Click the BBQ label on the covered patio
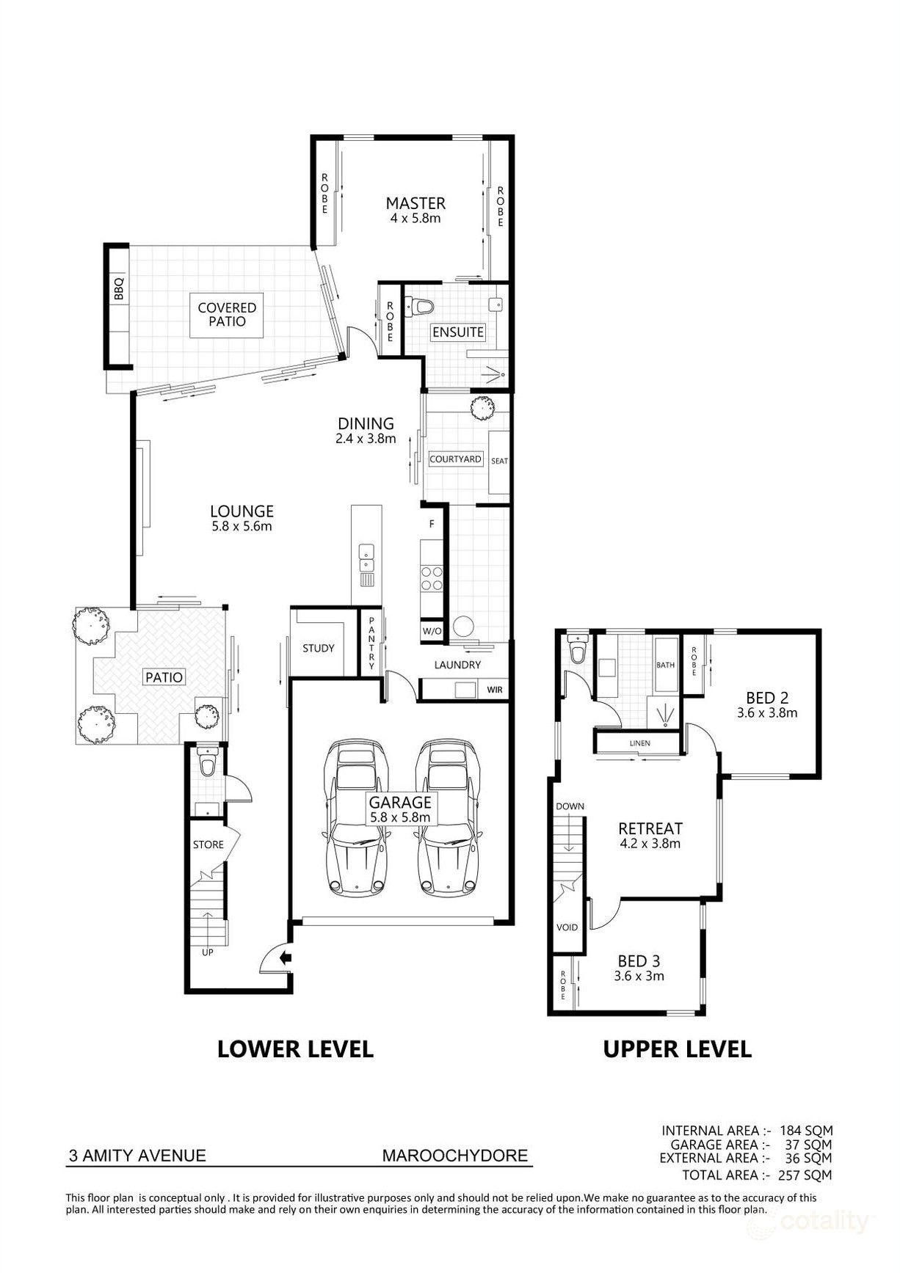point(119,289)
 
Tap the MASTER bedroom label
point(415,203)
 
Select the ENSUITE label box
point(457,332)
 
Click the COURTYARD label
point(455,459)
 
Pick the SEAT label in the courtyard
point(499,461)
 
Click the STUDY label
point(319,648)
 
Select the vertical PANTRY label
point(372,644)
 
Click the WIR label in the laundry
point(495,690)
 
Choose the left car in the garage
point(356,817)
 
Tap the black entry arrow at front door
point(286,957)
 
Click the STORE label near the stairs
point(208,845)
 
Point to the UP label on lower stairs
point(208,952)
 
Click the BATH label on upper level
point(665,665)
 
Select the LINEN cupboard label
point(639,743)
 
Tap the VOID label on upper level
point(567,927)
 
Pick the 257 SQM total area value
point(804,1175)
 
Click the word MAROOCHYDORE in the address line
point(455,1156)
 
